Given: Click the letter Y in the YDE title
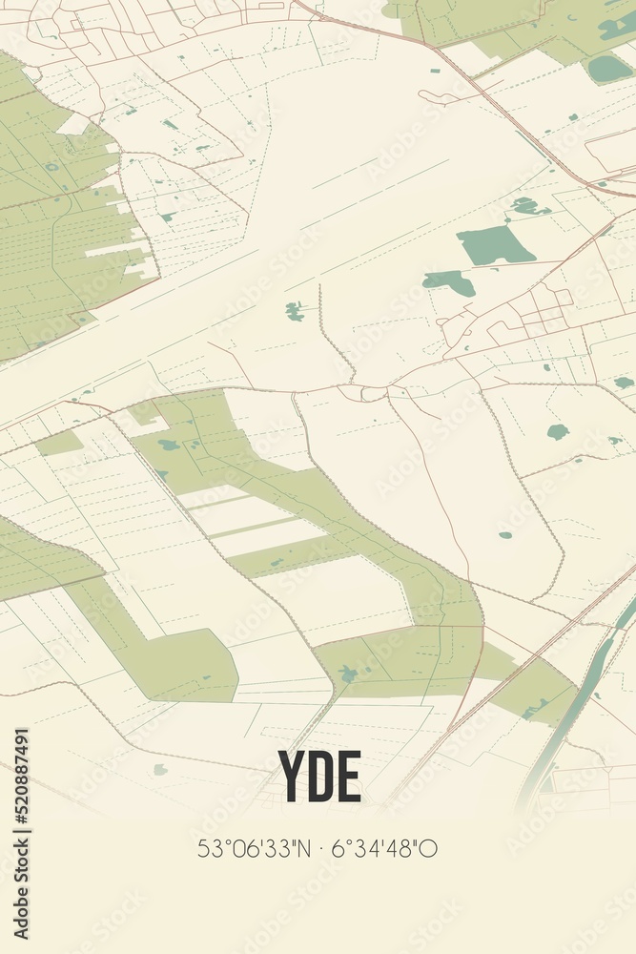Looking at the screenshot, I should [292, 777].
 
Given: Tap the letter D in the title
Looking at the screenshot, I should [320, 777].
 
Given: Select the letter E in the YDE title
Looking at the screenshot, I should [349, 777].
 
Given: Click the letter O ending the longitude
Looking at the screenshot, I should [429, 847].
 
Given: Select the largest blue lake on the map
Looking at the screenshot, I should [494, 247].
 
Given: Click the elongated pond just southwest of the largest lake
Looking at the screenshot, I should [448, 281].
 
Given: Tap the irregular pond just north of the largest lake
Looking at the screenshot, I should [527, 205].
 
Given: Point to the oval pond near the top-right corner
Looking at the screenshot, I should [608, 69].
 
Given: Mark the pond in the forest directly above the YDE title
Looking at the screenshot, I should [348, 674].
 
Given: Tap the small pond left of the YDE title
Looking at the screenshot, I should [160, 769].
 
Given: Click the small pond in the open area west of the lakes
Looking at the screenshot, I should [295, 310].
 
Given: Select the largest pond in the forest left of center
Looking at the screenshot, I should [169, 445].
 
